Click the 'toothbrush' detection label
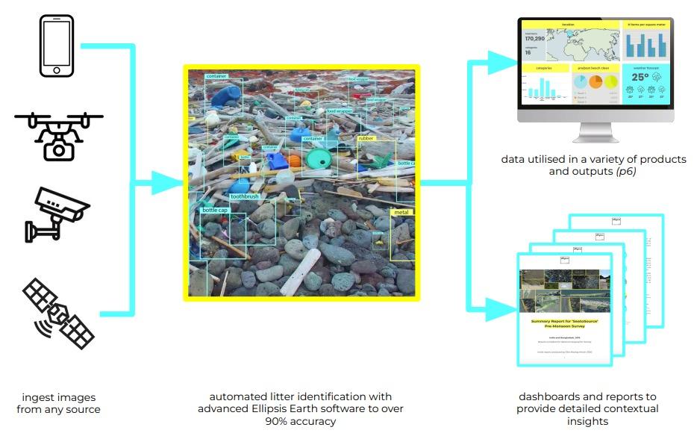tap(244, 196)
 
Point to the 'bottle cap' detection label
tap(214, 211)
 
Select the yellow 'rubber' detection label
tap(366, 138)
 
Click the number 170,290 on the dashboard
tap(535, 39)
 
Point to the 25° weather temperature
tap(640, 78)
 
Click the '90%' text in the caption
tap(277, 422)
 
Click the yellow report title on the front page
tap(564, 323)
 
